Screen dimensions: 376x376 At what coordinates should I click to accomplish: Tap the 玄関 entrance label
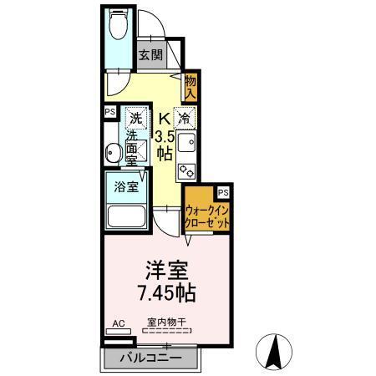coord(150,55)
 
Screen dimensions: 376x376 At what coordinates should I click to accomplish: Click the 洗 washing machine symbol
coord(133,117)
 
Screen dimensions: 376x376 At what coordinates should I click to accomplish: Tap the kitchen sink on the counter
coord(185,143)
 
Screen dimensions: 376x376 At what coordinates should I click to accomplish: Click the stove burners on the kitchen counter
coord(186,170)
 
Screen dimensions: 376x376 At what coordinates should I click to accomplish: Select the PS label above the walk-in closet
coord(222,191)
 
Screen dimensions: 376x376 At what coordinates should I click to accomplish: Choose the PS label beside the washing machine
coord(109,111)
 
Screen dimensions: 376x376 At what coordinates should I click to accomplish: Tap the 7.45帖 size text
coord(168,294)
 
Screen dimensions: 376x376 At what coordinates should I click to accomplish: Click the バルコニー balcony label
coord(150,357)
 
